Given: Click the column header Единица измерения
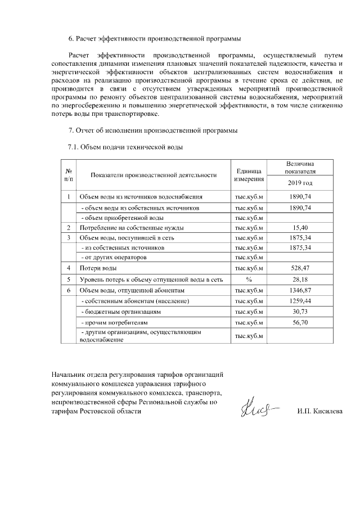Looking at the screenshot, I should tap(249, 175).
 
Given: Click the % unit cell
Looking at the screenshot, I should tap(249, 279).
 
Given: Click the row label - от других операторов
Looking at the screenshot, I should tap(115, 257).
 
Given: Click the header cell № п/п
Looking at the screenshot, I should tap(68, 175).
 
